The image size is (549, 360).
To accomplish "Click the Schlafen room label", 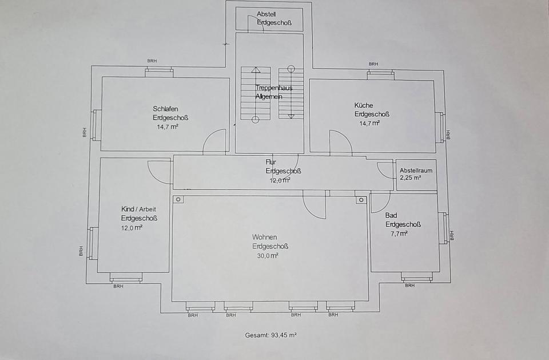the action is pyautogui.click(x=165, y=109).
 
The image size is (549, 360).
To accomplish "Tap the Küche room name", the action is pyautogui.click(x=364, y=105).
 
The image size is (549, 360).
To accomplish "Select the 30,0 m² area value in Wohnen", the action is pyautogui.click(x=268, y=255).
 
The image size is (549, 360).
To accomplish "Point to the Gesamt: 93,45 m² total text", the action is pyautogui.click(x=270, y=335).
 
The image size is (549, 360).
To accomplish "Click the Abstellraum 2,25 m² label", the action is pyautogui.click(x=416, y=174).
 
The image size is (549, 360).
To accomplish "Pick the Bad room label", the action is pyautogui.click(x=391, y=215).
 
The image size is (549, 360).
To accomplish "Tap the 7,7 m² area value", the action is pyautogui.click(x=399, y=234).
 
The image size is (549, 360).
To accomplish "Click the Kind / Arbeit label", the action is pyautogui.click(x=138, y=209).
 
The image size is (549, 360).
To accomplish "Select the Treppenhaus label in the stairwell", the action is pyautogui.click(x=273, y=88).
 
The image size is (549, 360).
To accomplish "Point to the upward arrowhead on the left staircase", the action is pyautogui.click(x=256, y=69).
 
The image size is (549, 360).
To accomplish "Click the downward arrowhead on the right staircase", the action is pyautogui.click(x=291, y=116).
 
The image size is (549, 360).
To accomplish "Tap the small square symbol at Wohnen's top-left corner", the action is pyautogui.click(x=178, y=199).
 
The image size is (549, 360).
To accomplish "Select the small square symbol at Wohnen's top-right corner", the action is pyautogui.click(x=361, y=200).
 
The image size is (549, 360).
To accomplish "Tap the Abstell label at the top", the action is pyautogui.click(x=266, y=14).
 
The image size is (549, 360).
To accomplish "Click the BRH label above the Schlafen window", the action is pyautogui.click(x=152, y=61).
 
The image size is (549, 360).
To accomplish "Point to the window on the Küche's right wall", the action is pyautogui.click(x=440, y=127).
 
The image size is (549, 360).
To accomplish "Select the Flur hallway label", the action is pyautogui.click(x=270, y=162).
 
